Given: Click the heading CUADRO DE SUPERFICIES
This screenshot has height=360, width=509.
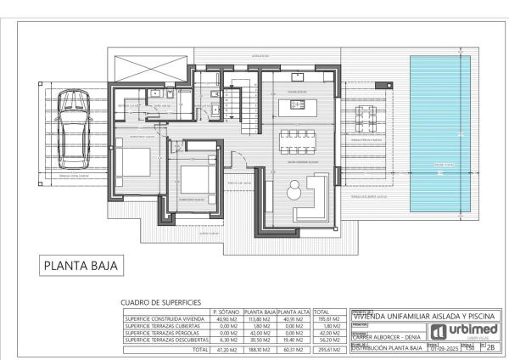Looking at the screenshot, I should [x=160, y=302].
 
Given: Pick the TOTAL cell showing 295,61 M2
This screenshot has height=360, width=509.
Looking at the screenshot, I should [x=328, y=348].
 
